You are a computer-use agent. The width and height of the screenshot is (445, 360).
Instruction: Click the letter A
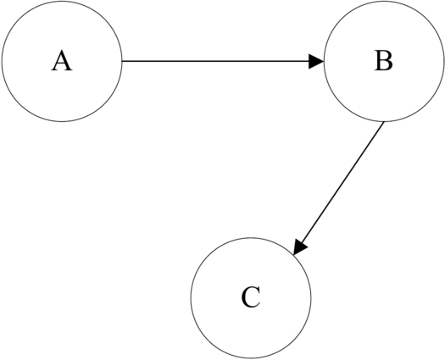(x=61, y=61)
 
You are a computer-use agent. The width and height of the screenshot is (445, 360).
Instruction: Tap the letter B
(x=383, y=61)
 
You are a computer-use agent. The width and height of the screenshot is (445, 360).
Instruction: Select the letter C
(x=250, y=298)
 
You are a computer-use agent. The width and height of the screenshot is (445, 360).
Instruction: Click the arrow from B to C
(x=339, y=188)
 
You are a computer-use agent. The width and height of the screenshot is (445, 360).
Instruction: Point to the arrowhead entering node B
(x=316, y=61)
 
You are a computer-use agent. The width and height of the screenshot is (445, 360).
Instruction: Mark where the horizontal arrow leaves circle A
(x=122, y=61)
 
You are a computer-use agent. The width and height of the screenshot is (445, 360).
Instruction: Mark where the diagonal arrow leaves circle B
(x=384, y=122)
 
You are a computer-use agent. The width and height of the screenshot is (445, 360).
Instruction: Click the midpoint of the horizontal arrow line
(x=222, y=61)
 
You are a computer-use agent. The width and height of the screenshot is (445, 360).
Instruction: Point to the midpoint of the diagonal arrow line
(x=339, y=188)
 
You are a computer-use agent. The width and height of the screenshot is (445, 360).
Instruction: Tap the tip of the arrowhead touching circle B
(x=323, y=61)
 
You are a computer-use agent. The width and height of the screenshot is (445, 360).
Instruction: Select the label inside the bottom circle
(x=250, y=298)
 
